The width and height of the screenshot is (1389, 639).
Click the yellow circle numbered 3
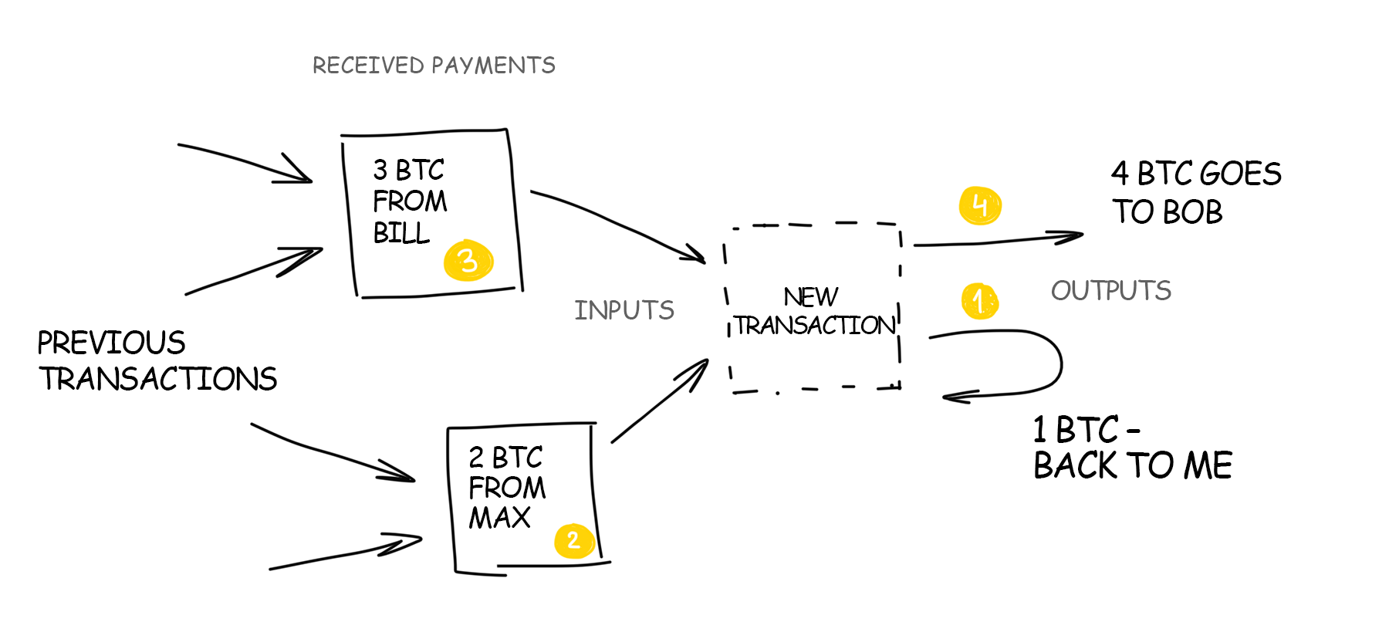pyautogui.click(x=468, y=261)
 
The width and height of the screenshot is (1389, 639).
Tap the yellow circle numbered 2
pyautogui.click(x=573, y=540)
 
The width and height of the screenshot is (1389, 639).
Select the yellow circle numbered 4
pyautogui.click(x=980, y=205)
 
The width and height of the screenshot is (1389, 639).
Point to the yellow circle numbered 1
pyautogui.click(x=979, y=300)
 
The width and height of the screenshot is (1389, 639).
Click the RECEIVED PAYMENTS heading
pyautogui.click(x=434, y=66)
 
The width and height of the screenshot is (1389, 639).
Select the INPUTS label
pyautogui.click(x=624, y=310)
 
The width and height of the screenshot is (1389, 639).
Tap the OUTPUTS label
pyautogui.click(x=1110, y=291)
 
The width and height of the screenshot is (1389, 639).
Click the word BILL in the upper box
pyautogui.click(x=401, y=233)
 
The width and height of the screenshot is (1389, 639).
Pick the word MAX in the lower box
pyautogui.click(x=500, y=518)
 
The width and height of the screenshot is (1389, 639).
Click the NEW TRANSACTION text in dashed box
pyautogui.click(x=813, y=312)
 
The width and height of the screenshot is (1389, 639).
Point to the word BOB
pyautogui.click(x=1193, y=212)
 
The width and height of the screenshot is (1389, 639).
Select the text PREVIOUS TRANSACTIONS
pyautogui.click(x=157, y=361)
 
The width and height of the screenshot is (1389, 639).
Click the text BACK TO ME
pyautogui.click(x=1132, y=465)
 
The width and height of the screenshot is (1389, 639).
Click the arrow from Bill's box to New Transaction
pyautogui.click(x=617, y=224)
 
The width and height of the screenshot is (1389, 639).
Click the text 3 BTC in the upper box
pyautogui.click(x=408, y=170)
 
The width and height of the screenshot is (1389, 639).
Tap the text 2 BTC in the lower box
pyautogui.click(x=505, y=458)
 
